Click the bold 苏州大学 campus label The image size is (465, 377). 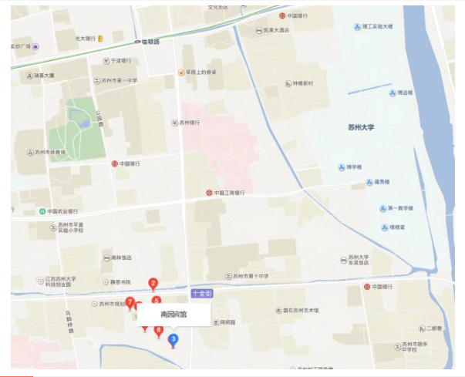[x=361, y=128]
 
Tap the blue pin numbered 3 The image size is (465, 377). [x=173, y=339]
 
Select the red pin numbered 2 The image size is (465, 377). [x=153, y=284]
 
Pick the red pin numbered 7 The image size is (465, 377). [x=130, y=302]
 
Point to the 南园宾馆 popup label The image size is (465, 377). [x=174, y=315]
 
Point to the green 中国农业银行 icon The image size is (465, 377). [x=41, y=211]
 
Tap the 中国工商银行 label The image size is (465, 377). [x=229, y=193]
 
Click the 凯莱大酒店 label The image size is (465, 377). [x=275, y=30]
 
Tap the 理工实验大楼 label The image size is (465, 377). [x=377, y=25]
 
